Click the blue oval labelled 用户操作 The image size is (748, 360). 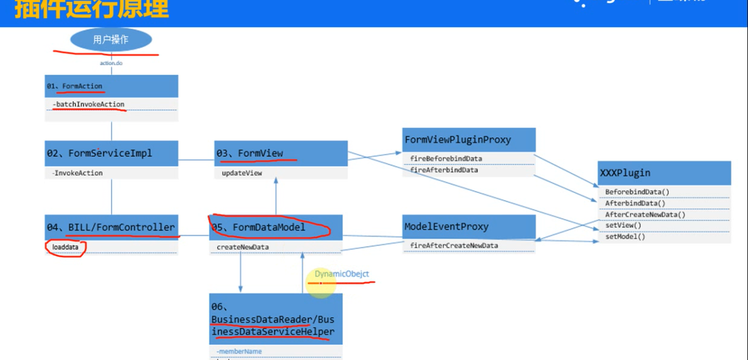click(111, 39)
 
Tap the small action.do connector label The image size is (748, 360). click(111, 63)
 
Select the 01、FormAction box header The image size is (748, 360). click(111, 86)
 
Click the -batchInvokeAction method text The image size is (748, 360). click(89, 104)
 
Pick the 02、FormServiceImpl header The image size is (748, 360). click(111, 153)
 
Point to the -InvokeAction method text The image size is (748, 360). click(78, 173)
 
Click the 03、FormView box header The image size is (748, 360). click(281, 153)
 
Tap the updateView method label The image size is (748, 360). click(242, 173)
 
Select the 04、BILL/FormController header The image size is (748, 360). click(111, 227)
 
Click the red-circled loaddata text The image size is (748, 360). click(65, 247)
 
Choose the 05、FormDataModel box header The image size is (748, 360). click(276, 227)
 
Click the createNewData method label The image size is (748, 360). click(242, 247)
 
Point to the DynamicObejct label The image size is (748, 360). click(341, 274)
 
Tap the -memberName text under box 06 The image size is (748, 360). click(239, 352)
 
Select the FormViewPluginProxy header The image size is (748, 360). click(469, 140)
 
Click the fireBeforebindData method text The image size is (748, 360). click(446, 159)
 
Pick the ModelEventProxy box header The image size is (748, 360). click(469, 227)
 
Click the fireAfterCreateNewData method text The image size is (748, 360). click(454, 245)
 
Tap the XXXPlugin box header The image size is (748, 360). click(664, 173)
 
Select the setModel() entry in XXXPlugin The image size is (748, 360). click(625, 237)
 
